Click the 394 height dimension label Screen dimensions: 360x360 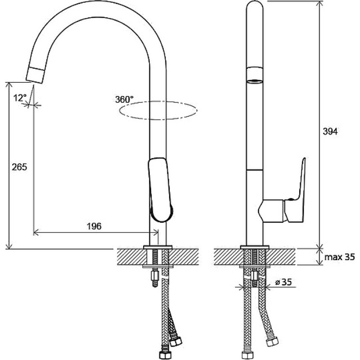[330, 131]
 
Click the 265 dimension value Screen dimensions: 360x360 [19, 167]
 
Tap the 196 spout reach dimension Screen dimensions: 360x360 [94, 226]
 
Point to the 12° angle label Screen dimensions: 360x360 [20, 98]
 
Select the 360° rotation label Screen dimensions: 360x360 [124, 99]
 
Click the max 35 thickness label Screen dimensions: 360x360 [339, 257]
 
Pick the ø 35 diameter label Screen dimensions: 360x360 [283, 282]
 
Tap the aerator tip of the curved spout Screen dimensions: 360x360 [36, 75]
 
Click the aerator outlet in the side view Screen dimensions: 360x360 [254, 81]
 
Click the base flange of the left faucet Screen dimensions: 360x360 [158, 247]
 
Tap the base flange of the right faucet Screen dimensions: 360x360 [254, 247]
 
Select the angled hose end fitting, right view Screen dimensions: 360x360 [273, 342]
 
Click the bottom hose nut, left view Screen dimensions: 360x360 [164, 355]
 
